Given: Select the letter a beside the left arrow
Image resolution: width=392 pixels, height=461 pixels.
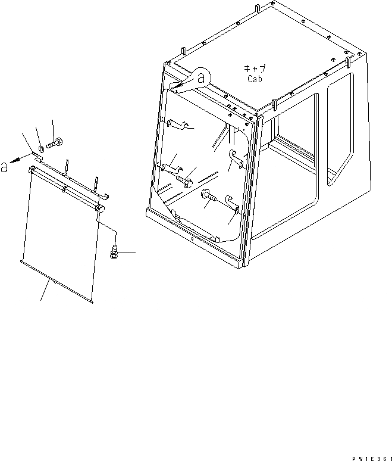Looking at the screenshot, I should tap(5, 167).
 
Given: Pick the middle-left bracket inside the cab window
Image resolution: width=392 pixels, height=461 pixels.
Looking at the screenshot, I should tap(170, 166).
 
